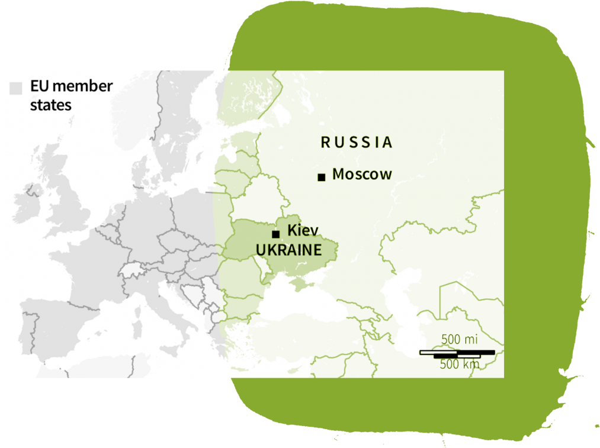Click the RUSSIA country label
tap(357, 142)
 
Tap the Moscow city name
tap(362, 174)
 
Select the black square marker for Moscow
tap(322, 177)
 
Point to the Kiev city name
tap(303, 230)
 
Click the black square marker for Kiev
tap(275, 234)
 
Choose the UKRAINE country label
tap(288, 250)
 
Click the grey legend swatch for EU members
tap(16, 88)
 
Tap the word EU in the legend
tap(39, 86)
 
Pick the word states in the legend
tap(51, 105)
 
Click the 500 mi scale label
tap(459, 340)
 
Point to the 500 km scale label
tap(459, 365)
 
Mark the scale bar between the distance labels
tap(457, 353)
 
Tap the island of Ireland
tap(27, 204)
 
